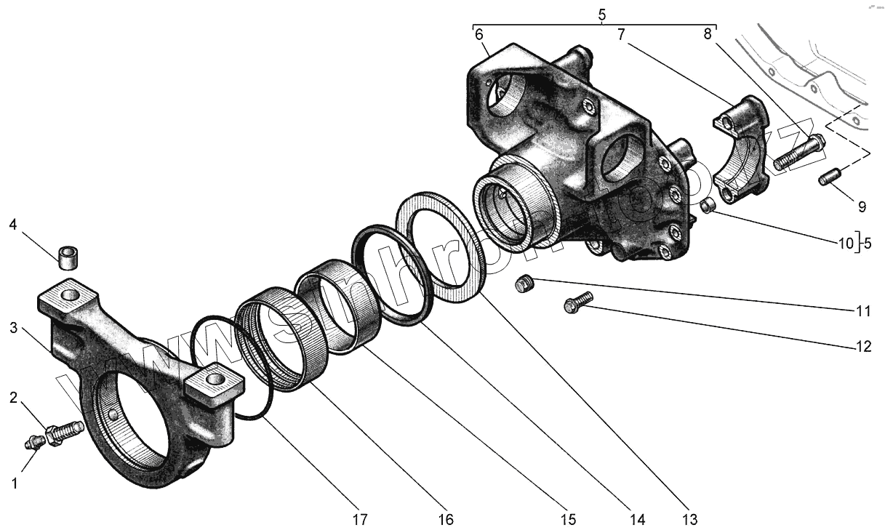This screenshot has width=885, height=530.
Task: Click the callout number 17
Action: [361, 519]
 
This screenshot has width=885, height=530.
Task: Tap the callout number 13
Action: [689, 519]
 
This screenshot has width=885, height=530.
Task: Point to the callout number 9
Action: [862, 206]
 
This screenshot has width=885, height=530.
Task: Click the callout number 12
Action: [862, 348]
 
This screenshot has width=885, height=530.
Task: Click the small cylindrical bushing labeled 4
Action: [68, 257]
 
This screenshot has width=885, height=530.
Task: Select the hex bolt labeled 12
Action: [577, 302]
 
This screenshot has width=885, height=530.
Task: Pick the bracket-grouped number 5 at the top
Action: [601, 14]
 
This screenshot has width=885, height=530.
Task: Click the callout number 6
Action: [478, 35]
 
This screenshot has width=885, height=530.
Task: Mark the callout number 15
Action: [567, 519]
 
